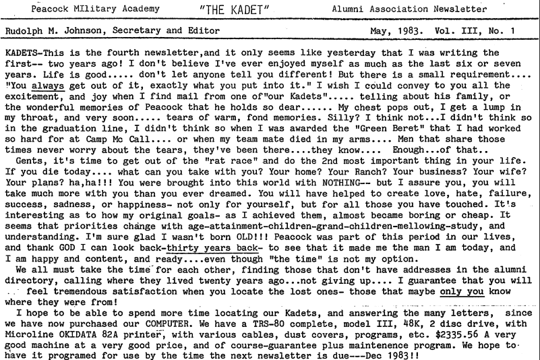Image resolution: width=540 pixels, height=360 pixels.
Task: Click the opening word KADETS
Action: tap(20, 53)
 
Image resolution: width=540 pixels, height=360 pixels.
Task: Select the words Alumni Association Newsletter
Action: tap(399, 9)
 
